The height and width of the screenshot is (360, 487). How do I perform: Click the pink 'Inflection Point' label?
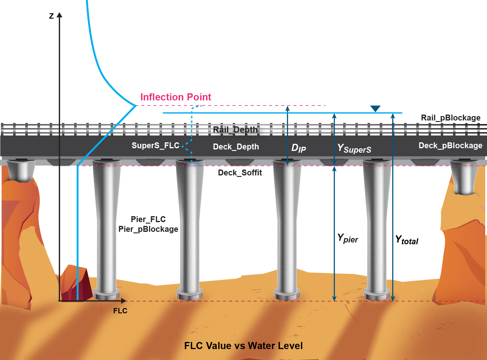(176, 97)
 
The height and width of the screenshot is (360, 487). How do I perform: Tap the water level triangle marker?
(375, 109)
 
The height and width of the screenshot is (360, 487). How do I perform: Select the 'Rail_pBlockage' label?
(450, 118)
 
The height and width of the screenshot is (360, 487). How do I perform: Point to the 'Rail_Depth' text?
(235, 130)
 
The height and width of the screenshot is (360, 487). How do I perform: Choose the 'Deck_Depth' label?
(236, 147)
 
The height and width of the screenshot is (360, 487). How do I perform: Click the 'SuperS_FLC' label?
(155, 146)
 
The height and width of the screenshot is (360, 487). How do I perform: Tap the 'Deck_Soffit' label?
(240, 173)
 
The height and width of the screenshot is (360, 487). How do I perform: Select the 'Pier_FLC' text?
(148, 219)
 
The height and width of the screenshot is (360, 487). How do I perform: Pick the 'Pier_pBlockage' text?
(148, 229)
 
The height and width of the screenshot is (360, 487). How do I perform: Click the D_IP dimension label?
(298, 148)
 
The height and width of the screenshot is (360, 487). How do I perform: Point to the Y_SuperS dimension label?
(354, 148)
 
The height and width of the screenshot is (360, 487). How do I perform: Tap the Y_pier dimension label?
(348, 238)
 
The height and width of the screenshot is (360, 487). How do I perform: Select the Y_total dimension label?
(407, 240)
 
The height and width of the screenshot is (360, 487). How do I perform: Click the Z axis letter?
(51, 16)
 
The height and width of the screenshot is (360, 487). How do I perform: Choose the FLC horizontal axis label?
(120, 311)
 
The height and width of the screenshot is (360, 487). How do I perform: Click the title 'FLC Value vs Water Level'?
(243, 346)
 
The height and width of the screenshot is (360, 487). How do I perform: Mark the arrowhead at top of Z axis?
(59, 15)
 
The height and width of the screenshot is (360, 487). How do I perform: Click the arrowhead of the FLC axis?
(124, 301)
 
